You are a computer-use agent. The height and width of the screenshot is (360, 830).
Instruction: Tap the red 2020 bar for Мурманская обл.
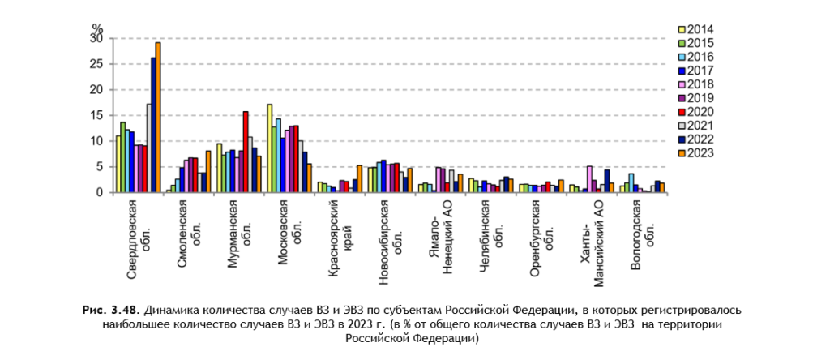[x=246, y=152]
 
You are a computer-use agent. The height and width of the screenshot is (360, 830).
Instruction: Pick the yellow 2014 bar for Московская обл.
[x=269, y=148]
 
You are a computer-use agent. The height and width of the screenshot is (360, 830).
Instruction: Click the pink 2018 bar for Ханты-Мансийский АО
[x=589, y=179]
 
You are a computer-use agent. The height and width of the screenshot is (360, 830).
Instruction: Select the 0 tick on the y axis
[x=101, y=192]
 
